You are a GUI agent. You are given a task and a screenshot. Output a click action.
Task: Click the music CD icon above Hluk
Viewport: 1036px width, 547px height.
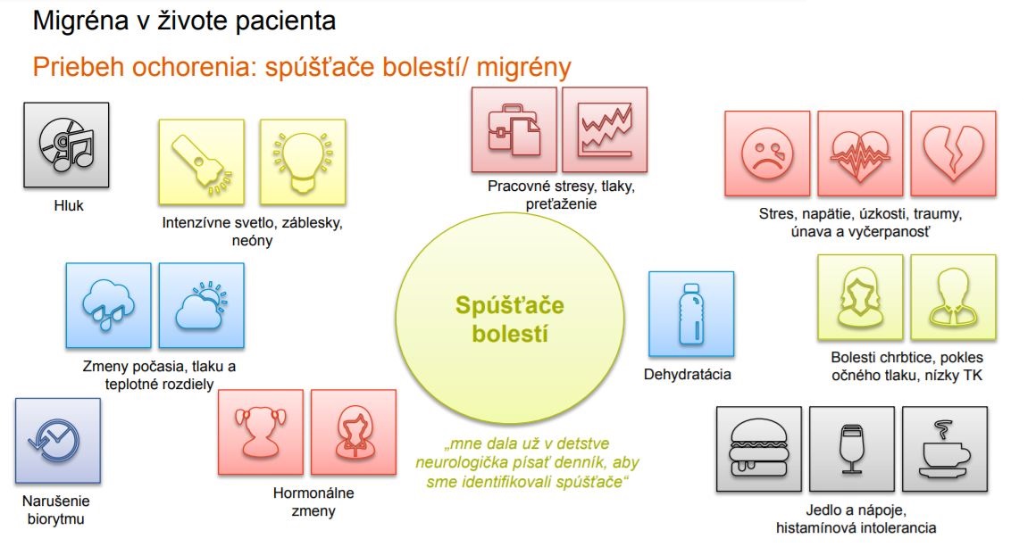click(66, 145)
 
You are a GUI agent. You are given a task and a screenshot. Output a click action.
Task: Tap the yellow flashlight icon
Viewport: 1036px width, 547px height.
click(202, 162)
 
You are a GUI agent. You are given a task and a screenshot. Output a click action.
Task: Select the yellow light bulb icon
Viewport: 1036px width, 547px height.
click(303, 162)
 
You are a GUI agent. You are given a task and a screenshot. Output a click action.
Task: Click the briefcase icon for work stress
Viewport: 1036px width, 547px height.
click(514, 129)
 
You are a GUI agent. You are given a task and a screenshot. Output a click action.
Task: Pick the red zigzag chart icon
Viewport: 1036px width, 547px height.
click(605, 129)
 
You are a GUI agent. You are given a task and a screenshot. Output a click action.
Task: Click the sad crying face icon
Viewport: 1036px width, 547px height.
click(767, 153)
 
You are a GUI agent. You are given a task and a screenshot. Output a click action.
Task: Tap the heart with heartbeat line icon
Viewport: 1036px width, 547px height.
click(860, 153)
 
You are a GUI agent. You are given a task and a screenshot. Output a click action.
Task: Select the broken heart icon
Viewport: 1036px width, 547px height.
click(954, 153)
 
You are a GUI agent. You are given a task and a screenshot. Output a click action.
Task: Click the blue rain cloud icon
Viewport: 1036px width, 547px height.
click(108, 305)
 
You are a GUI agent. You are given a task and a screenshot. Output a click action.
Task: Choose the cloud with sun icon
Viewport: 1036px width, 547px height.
click(202, 305)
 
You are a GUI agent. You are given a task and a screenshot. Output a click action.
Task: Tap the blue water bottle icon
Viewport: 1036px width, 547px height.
click(691, 314)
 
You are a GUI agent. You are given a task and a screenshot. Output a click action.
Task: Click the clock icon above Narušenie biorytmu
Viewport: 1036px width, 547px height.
click(58, 441)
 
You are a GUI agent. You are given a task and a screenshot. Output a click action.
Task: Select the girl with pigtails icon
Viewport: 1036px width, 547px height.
click(261, 432)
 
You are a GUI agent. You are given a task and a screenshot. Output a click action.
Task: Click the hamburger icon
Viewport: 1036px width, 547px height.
click(759, 450)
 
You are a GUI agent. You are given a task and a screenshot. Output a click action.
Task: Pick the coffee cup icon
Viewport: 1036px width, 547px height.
click(945, 450)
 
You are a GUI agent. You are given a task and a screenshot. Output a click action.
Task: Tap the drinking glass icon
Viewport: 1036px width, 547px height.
click(852, 450)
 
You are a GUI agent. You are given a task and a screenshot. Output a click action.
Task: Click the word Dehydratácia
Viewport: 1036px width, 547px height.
click(687, 375)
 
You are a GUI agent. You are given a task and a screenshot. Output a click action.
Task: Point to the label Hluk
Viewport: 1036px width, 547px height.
click(69, 206)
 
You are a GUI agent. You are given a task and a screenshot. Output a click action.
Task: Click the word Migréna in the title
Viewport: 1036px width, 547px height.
click(80, 21)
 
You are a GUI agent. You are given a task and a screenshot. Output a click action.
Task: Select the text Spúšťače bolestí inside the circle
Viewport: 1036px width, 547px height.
click(509, 319)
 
